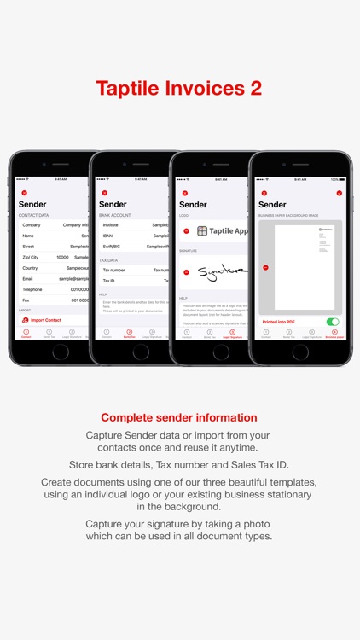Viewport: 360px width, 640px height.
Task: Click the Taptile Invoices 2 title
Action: coord(179,88)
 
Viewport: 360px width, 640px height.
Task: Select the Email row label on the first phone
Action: coord(27,278)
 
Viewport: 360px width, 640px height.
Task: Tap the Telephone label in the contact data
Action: coord(32,289)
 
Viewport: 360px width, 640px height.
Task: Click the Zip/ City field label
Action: coord(31,256)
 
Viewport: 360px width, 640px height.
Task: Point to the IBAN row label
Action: coord(108,235)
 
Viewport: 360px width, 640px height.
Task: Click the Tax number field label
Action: coord(114,269)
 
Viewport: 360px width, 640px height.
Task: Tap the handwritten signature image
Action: coord(221,272)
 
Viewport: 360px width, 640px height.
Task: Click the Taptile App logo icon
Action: coord(202,230)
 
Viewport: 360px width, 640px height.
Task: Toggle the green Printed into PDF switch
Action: coord(333,322)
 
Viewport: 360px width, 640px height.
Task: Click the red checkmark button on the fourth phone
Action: coord(340,194)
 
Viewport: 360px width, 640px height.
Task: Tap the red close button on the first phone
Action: coord(24,194)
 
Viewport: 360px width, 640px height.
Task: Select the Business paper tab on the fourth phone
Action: coord(334,334)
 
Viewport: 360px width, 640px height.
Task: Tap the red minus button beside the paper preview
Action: coord(265,267)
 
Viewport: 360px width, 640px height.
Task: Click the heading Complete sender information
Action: coord(179,417)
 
